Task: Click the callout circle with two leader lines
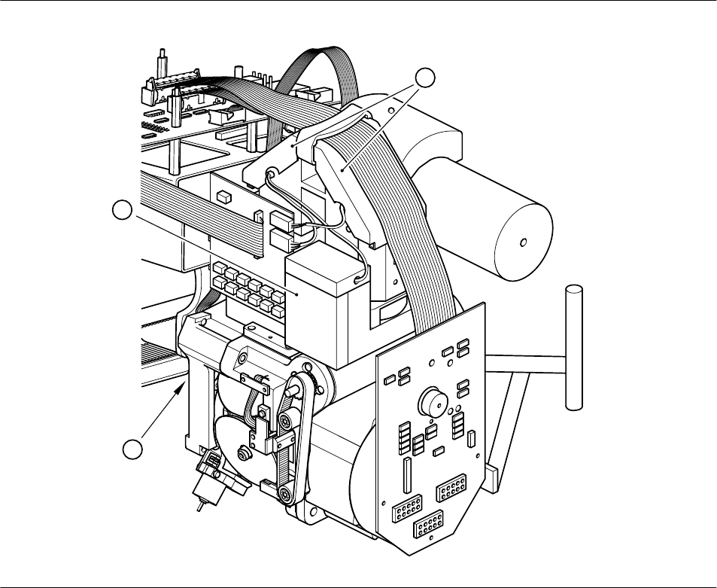pyautogui.click(x=426, y=77)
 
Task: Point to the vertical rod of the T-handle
pyautogui.click(x=576, y=346)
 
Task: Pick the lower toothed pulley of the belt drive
pyautogui.click(x=287, y=493)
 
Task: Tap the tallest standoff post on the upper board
pyautogui.click(x=160, y=68)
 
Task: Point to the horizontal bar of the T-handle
pyautogui.click(x=527, y=368)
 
